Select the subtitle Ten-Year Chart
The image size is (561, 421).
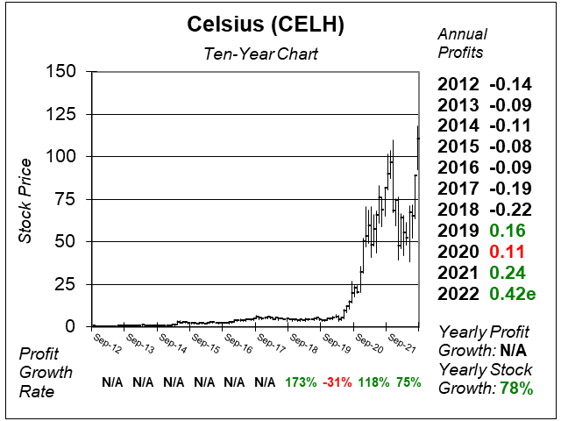pos(254,54)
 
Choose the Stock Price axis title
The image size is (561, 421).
pos(27,199)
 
